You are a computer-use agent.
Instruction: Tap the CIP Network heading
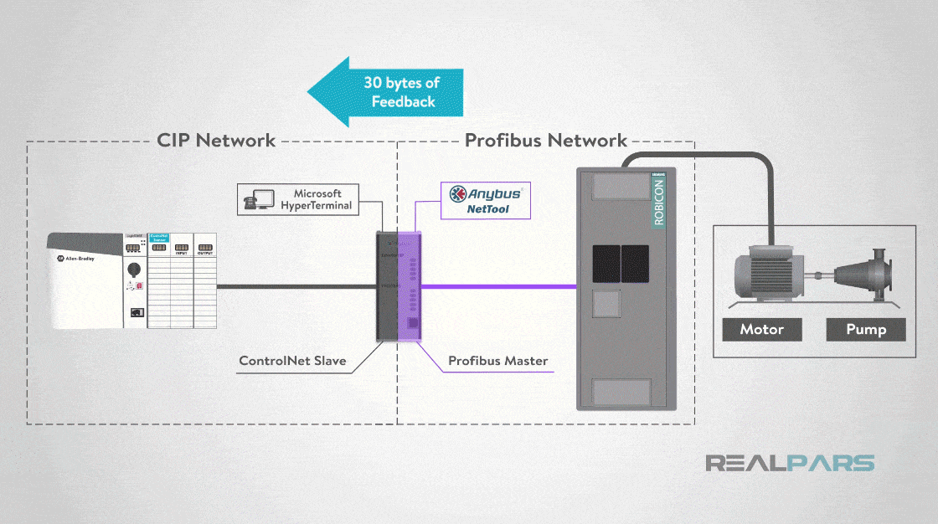pos(216,140)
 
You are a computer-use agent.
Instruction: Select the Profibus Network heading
pos(546,140)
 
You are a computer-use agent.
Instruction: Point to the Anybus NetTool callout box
pos(487,199)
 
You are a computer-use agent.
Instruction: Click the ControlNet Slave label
pos(292,362)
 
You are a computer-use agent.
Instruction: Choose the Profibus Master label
pos(497,362)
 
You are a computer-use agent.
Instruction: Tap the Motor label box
pos(761,329)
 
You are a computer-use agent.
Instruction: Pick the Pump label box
pos(866,329)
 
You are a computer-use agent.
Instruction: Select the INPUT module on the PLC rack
pos(181,280)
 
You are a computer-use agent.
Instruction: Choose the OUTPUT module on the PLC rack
pos(204,280)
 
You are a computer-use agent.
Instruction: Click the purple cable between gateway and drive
pos(498,286)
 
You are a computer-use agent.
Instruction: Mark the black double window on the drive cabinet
pos(621,263)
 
